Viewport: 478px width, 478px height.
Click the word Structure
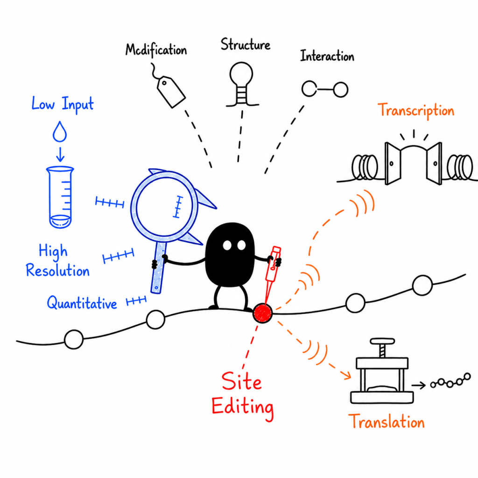(246, 45)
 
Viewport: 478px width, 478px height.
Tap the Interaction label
(327, 56)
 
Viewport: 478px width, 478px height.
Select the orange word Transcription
(416, 110)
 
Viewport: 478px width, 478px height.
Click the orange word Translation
(386, 422)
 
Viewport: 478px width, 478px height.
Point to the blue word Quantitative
(82, 303)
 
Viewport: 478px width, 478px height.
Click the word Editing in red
(242, 408)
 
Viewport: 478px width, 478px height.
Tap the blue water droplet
(60, 132)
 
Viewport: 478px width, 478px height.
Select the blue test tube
(60, 197)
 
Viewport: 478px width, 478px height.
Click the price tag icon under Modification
(171, 91)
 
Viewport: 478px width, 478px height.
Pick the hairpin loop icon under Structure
(242, 84)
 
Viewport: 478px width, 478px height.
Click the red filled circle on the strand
(262, 313)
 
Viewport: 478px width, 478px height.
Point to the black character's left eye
(227, 246)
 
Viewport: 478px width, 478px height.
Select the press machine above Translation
(382, 371)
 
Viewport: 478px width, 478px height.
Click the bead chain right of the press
(450, 381)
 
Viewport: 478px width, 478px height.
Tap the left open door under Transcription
(392, 164)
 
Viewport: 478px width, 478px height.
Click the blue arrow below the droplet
(60, 154)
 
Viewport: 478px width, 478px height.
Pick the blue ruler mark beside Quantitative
(136, 301)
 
